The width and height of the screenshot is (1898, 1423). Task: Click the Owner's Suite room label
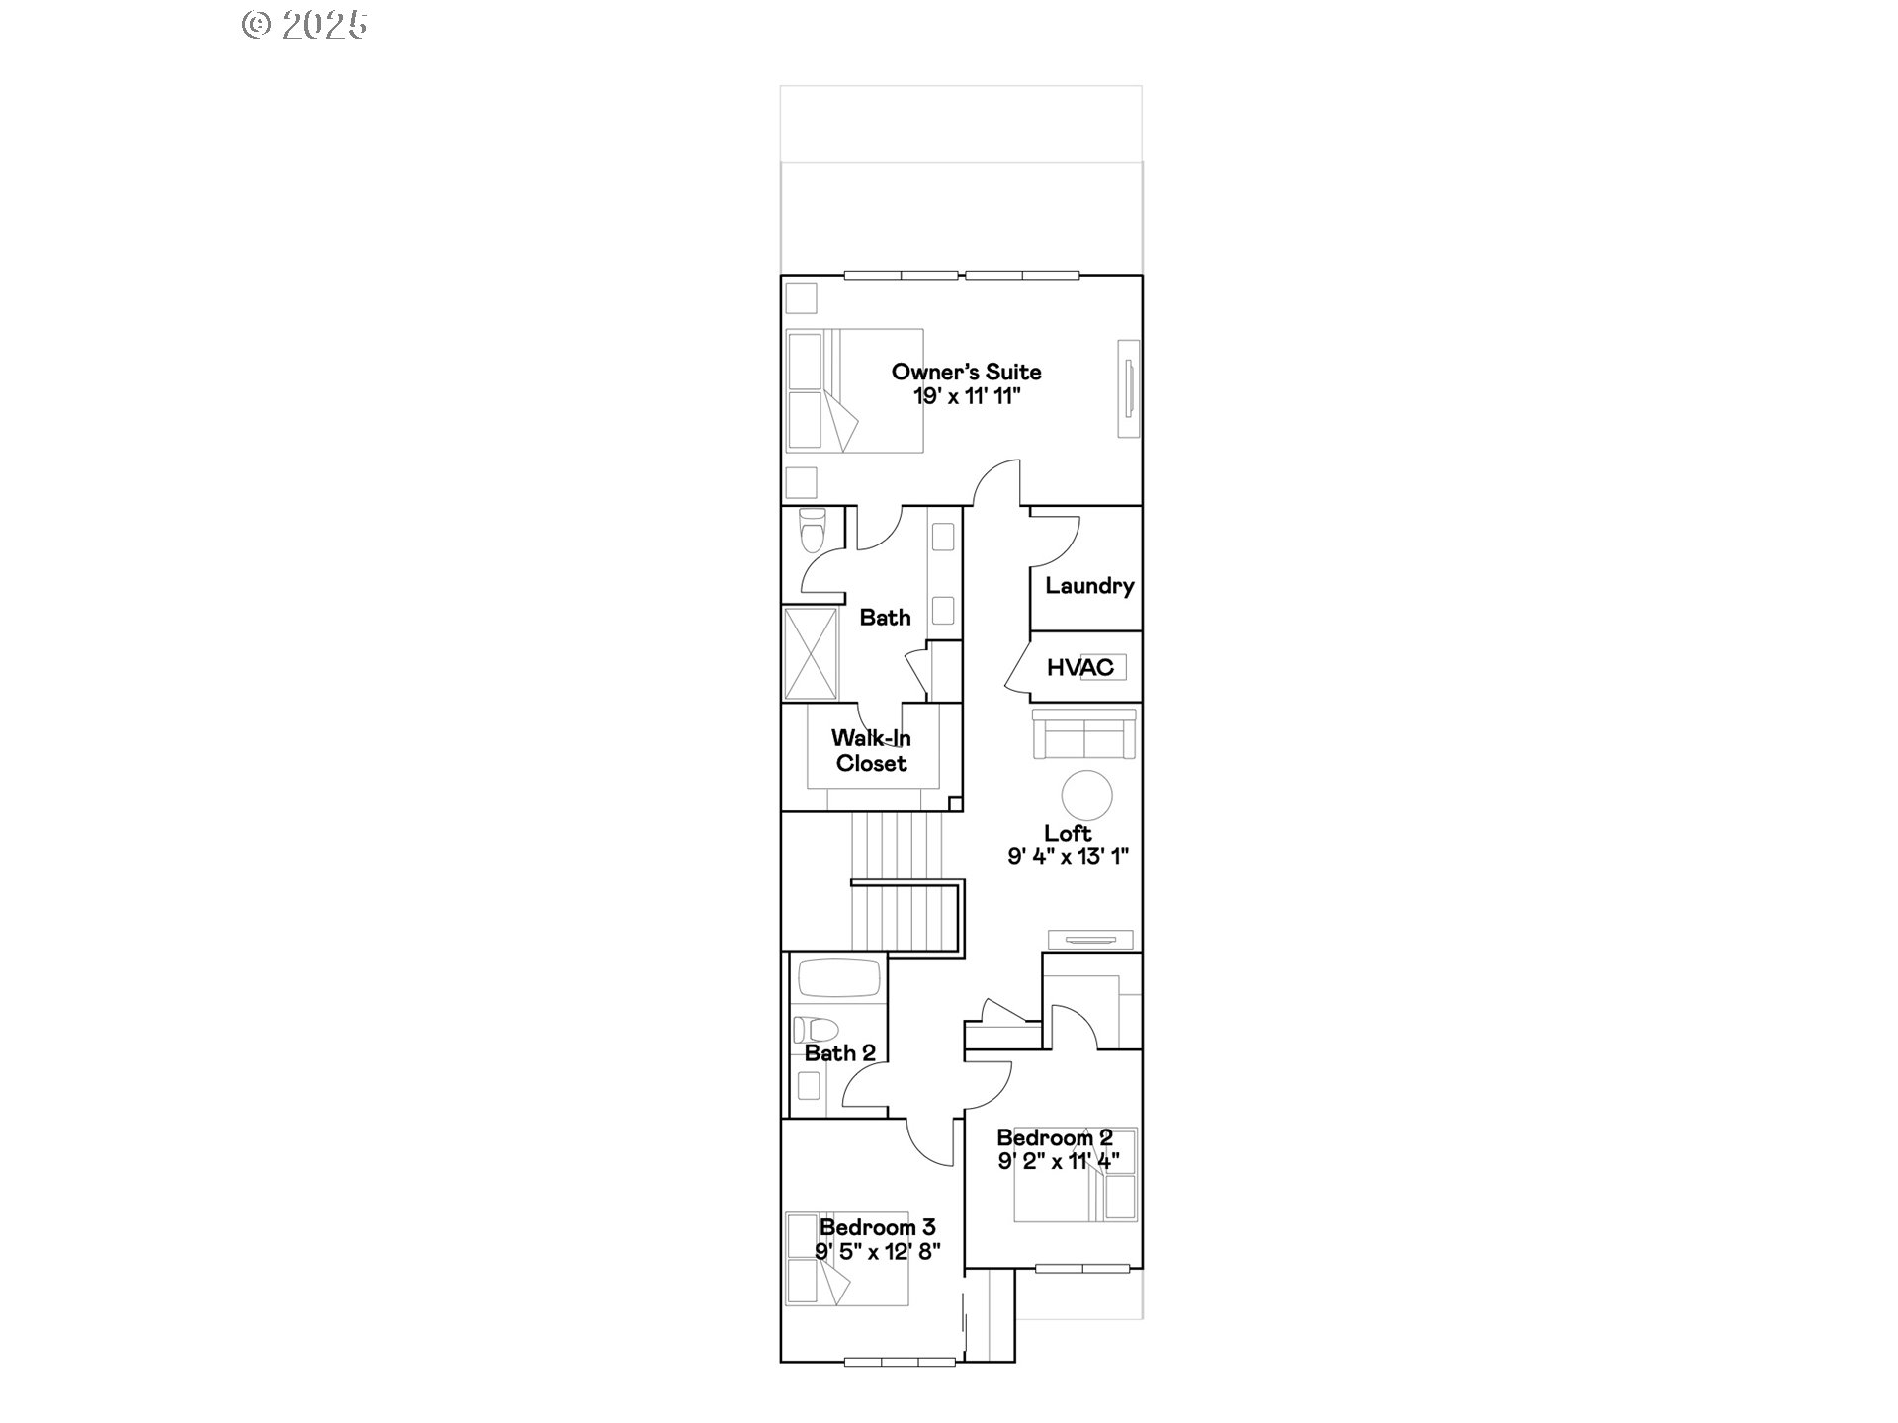(966, 373)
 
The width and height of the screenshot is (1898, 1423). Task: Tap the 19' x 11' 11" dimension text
(966, 397)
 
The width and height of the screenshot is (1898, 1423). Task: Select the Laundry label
(1089, 586)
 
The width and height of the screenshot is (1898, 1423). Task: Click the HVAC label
(1079, 668)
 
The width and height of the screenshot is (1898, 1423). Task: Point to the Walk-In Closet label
(871, 751)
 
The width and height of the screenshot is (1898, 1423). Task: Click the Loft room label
(1068, 833)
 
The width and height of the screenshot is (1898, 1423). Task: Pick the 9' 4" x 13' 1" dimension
(1068, 857)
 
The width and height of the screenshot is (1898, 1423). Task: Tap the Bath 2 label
(839, 1053)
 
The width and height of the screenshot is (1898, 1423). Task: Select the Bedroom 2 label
(1054, 1137)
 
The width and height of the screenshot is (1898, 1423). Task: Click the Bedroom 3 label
(877, 1227)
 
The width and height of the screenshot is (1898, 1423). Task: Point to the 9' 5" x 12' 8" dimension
(877, 1251)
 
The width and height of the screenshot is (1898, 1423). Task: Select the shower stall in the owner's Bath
(810, 653)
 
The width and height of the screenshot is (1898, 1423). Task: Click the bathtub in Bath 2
(838, 978)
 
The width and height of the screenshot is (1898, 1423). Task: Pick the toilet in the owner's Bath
(812, 532)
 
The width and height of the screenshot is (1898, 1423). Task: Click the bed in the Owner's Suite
(854, 391)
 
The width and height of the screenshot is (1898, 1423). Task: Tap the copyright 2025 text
(304, 25)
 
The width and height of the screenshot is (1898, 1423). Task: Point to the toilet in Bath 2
(816, 1030)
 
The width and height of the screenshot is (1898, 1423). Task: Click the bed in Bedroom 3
(846, 1259)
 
